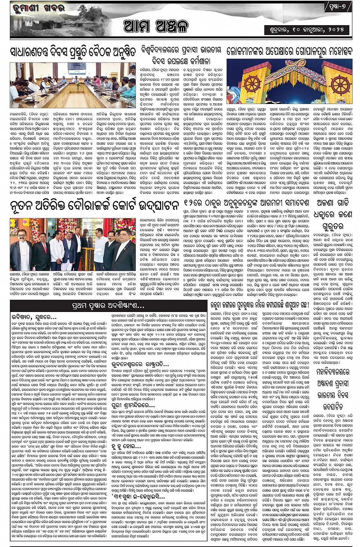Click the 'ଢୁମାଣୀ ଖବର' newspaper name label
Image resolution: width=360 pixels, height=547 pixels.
[x=38, y=7]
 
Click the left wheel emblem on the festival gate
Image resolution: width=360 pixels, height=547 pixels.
[x=253, y=84]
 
